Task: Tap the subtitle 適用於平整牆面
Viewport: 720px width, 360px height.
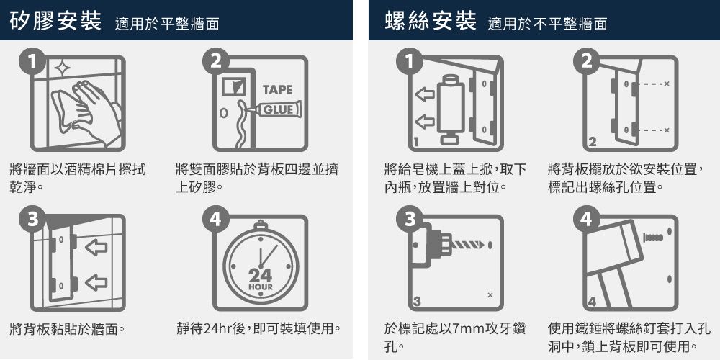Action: (166, 24)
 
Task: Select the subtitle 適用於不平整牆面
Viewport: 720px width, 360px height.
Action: (546, 24)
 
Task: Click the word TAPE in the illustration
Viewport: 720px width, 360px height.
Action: (277, 90)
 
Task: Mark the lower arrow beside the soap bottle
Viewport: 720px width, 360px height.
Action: (425, 121)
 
